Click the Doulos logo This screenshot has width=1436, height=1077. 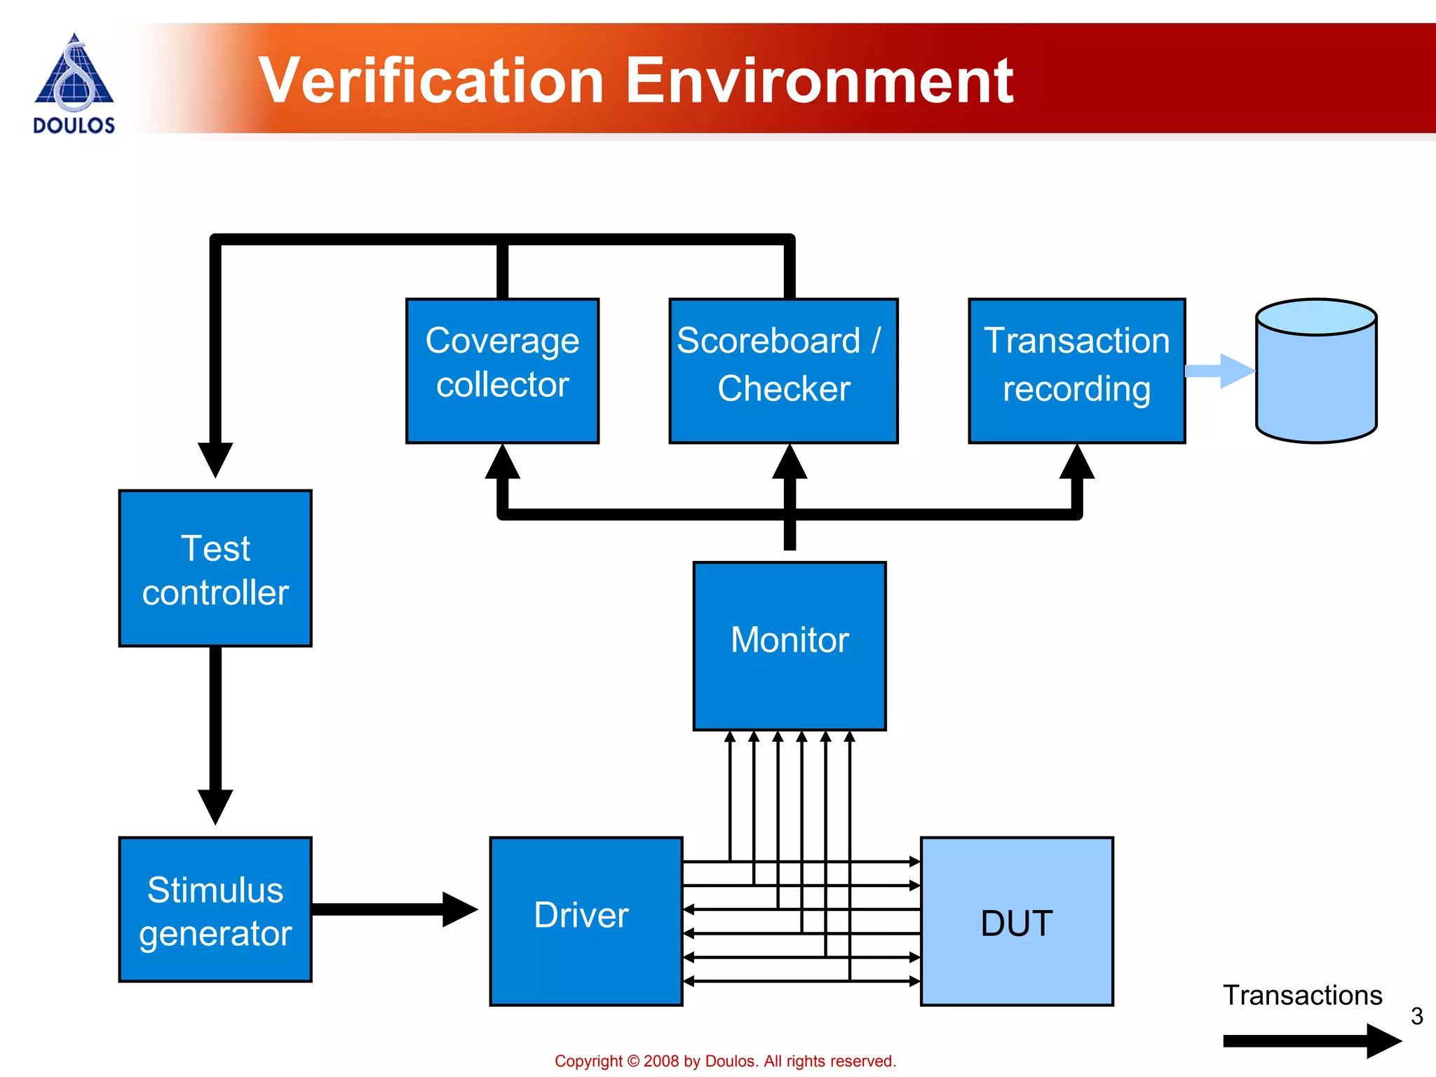click(74, 83)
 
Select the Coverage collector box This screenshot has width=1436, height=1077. click(502, 370)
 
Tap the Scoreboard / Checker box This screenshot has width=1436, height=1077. click(783, 370)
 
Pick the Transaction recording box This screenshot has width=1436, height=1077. click(1076, 370)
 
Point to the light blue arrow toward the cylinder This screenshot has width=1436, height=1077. click(1220, 371)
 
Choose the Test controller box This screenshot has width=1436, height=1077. click(215, 568)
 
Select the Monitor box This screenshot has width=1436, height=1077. click(790, 646)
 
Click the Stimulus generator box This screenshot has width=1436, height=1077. click(215, 909)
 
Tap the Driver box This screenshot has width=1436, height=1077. click(585, 921)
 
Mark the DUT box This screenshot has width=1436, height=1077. click(1017, 921)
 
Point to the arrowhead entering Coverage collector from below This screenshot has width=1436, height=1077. click(502, 463)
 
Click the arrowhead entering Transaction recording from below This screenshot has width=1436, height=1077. click(1077, 463)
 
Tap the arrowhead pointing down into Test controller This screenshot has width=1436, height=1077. click(215, 459)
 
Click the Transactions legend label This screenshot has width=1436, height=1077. click(1302, 995)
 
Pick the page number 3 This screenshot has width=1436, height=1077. click(1416, 1016)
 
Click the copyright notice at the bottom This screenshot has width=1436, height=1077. click(725, 1061)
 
